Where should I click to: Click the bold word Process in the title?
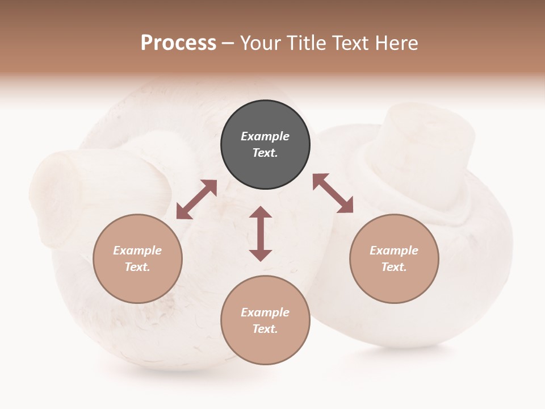178,43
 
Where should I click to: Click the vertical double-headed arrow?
261,233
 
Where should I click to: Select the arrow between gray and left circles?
196,199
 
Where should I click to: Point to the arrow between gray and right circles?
333,193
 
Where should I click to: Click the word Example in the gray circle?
265,136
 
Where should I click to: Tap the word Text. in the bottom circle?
265,329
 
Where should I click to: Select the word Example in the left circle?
137,251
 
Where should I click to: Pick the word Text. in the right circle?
394,267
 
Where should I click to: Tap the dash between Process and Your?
228,43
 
